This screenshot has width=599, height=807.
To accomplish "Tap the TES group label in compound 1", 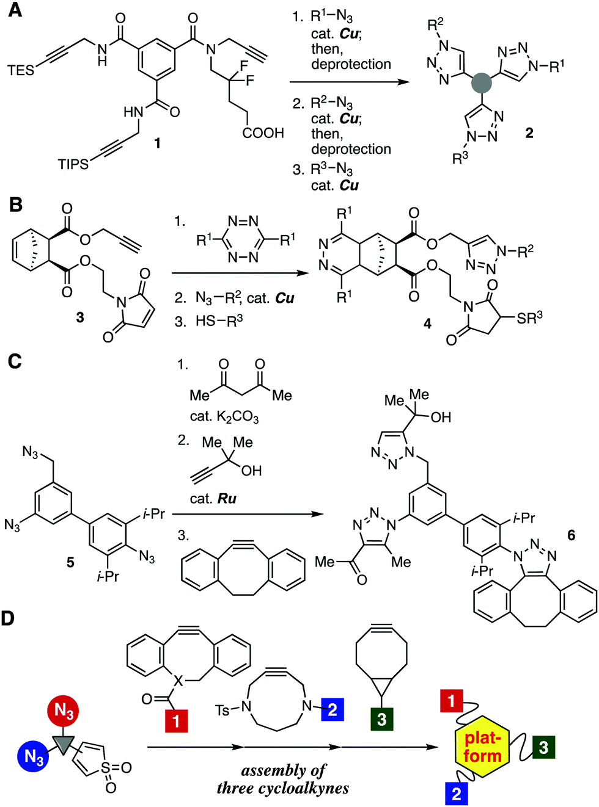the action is coord(21,70).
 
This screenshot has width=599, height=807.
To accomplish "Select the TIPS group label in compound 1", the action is coord(73,164).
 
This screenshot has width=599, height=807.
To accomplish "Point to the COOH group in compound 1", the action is coord(263,133).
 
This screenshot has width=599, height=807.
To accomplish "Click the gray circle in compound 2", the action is coord(481,83).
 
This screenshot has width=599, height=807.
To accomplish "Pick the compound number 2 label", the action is coord(529,133).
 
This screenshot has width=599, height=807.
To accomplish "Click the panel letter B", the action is coord(15,205).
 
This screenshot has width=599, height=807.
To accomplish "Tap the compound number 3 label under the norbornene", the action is coord(80,317).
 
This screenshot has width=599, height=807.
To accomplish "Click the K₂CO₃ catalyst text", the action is coord(224,417).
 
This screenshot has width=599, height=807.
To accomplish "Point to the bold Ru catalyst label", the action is coord(227,498).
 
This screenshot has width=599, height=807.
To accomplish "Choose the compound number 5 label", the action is coord(70,562).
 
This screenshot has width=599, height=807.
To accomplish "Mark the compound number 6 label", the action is coord(571,535).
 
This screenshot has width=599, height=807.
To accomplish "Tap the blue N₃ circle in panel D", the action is coord(34,756).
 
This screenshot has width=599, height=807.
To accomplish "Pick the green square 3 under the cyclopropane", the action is coord(381,718).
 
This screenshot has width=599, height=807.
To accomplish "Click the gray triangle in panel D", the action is coord(64,744).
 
